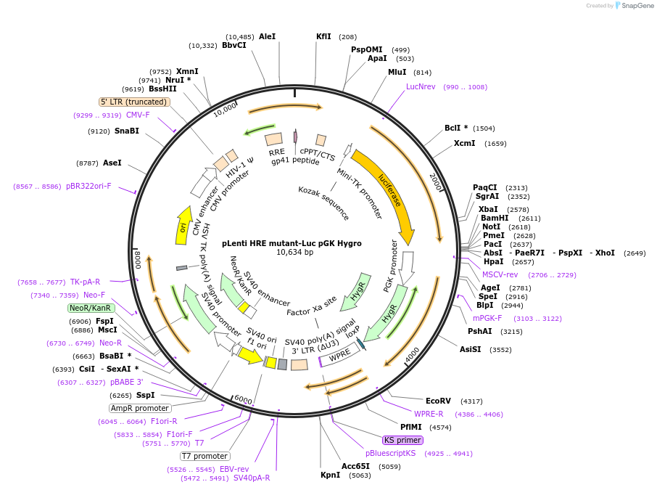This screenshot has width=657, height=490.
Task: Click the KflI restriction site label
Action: coord(323,36)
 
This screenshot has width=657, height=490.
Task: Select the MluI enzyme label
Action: coord(397,72)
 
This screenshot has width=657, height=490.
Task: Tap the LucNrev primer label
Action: coord(421,86)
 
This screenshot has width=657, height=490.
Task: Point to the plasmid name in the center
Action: coord(292,243)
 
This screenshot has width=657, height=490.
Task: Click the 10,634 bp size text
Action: coord(294,253)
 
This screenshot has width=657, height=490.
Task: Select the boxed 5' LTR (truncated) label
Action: coord(134,102)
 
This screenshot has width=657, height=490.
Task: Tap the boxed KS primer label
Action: coord(402,440)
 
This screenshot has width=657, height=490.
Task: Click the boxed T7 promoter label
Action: coord(205,456)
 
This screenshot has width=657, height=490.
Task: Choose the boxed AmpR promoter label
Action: coord(140,408)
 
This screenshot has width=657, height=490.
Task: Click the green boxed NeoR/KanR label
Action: coord(91,308)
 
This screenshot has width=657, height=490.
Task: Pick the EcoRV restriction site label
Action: coord(438,401)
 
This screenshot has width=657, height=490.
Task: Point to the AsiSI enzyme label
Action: coord(470,349)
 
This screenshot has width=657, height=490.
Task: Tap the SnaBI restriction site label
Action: coord(127,131)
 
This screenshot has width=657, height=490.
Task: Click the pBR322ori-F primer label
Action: coord(89,186)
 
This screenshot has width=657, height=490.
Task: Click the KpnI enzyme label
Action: coord(330,475)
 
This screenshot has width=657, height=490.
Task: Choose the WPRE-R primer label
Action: coord(429,414)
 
